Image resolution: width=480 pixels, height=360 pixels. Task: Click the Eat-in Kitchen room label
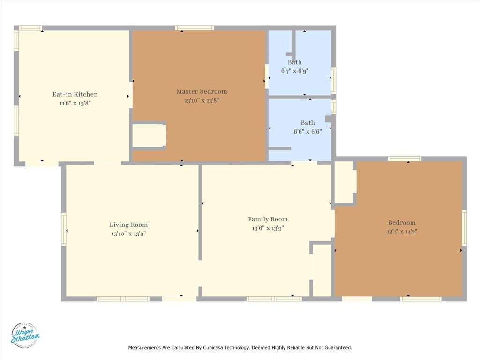click(x=75, y=94)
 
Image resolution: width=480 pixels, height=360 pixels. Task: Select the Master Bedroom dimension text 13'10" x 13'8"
click(x=202, y=100)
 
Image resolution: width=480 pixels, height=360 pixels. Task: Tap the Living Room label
click(x=128, y=225)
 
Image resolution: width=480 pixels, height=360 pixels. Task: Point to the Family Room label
click(x=268, y=219)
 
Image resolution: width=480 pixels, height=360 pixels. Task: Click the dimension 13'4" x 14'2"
click(x=402, y=231)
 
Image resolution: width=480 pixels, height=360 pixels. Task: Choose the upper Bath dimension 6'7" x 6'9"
click(x=294, y=71)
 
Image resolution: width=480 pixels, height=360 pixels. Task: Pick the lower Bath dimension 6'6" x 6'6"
click(x=307, y=132)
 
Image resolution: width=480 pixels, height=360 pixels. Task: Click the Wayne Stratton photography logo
click(x=25, y=335)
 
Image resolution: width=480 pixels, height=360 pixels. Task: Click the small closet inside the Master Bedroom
click(x=148, y=135)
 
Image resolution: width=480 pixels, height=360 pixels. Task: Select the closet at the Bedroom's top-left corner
click(x=344, y=182)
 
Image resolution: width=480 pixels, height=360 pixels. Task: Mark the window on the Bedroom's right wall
click(x=464, y=228)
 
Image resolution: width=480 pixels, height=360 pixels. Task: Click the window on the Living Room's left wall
click(x=64, y=229)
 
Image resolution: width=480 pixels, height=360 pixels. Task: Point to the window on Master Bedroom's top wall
click(x=195, y=28)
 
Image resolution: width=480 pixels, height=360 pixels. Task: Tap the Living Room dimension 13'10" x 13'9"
click(x=128, y=233)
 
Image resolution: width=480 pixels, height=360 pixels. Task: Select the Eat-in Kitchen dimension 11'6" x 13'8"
click(x=75, y=103)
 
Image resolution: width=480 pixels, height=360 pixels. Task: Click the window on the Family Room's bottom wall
click(x=274, y=299)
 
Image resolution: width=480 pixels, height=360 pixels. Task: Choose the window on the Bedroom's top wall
click(x=405, y=159)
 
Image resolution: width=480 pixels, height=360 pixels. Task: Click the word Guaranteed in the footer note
click(x=337, y=348)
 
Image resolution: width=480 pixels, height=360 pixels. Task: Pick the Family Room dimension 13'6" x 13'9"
click(x=268, y=228)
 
